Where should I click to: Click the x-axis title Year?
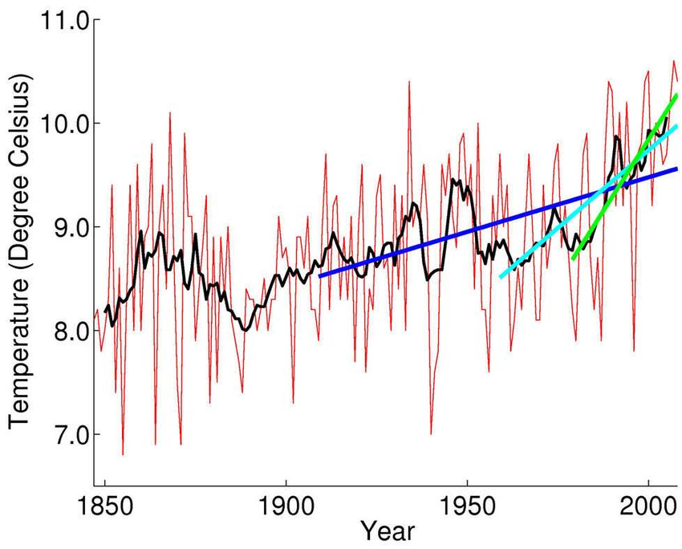[x=388, y=531]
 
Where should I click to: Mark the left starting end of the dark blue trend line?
[x=320, y=276]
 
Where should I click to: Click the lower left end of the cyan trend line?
[x=501, y=277]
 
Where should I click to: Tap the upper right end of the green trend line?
[x=676, y=96]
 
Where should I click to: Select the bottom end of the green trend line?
[x=573, y=259]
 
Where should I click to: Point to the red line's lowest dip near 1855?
[x=123, y=454]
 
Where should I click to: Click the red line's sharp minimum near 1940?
[x=431, y=433]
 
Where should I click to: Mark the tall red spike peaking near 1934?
[x=409, y=82]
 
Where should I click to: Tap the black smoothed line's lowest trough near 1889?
[x=245, y=330]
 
